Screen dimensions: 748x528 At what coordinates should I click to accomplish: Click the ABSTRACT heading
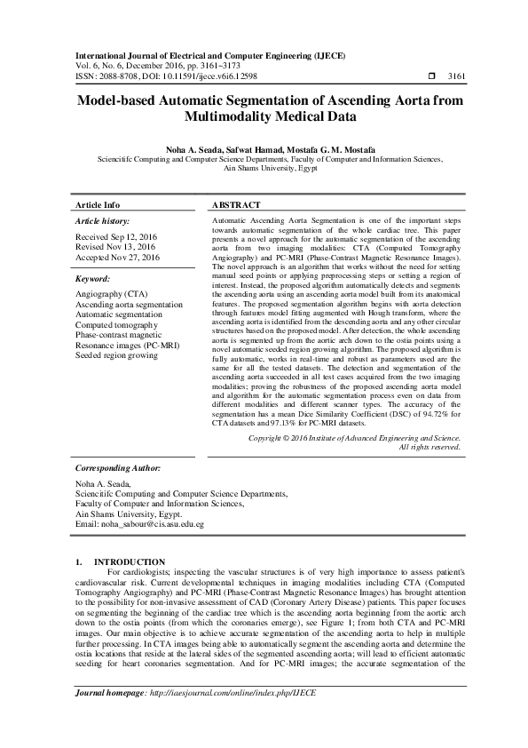235,203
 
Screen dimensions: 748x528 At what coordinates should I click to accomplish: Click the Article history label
102,220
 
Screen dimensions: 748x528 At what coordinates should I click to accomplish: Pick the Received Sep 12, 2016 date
116,236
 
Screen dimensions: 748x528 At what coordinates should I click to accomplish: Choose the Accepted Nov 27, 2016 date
118,258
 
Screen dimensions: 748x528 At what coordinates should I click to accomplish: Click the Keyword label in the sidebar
93,277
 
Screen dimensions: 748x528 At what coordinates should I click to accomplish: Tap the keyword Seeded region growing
116,355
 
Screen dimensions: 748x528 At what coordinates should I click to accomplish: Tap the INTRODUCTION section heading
130,561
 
